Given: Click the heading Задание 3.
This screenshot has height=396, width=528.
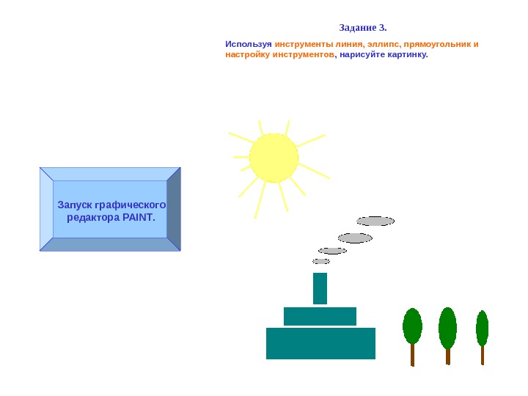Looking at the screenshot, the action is click(363, 29).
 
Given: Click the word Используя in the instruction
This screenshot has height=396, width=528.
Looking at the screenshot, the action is click(249, 44).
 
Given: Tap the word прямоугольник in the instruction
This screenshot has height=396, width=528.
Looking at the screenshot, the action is click(437, 44).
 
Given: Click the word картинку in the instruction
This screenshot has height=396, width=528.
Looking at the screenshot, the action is click(408, 55).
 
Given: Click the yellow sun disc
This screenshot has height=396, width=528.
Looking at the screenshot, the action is click(274, 158).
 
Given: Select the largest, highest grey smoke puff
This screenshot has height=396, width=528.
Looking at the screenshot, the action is click(375, 221).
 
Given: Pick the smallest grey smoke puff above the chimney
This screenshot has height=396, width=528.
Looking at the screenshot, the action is click(321, 261).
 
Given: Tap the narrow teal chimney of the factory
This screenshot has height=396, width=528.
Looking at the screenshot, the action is click(320, 288).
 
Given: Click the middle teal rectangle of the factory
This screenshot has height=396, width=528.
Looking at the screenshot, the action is click(320, 316).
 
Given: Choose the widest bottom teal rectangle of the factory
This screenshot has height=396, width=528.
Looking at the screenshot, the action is click(320, 343).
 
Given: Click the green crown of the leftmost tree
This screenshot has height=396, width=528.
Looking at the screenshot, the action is click(412, 326).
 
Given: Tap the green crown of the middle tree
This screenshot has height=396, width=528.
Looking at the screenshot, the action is click(447, 327).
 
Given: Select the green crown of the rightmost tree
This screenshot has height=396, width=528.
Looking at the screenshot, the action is click(482, 328).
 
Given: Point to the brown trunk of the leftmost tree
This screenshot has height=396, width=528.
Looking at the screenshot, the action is click(413, 355).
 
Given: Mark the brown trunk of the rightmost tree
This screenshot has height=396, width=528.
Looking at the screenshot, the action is click(483, 355).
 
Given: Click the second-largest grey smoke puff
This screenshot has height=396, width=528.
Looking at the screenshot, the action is click(355, 238).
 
